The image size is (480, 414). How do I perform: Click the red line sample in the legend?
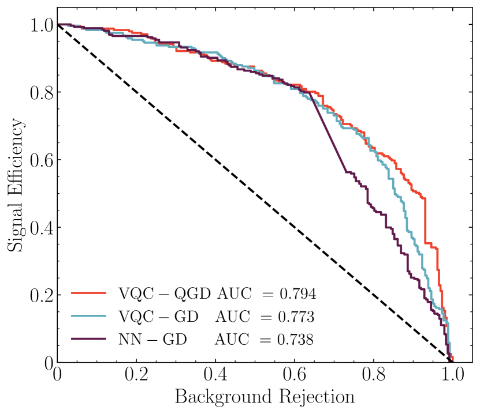click(89, 293)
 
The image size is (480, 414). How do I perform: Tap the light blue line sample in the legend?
click(89, 317)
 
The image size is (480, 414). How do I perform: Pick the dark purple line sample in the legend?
click(89, 340)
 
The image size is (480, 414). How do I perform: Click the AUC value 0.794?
click(295, 293)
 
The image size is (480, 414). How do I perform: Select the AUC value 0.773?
click(295, 317)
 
